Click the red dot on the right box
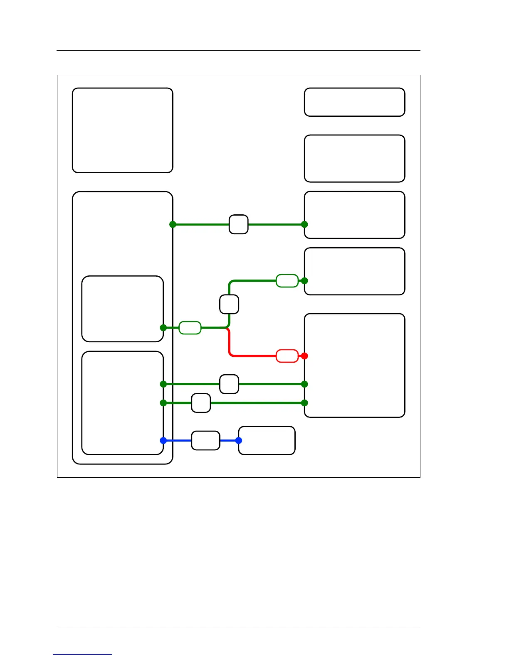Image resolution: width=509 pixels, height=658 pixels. pyautogui.click(x=304, y=356)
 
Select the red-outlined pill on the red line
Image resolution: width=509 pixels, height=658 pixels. pyautogui.click(x=287, y=356)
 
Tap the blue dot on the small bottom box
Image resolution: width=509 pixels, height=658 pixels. pyautogui.click(x=239, y=440)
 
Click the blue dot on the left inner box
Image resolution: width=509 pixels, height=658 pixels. pyautogui.click(x=163, y=440)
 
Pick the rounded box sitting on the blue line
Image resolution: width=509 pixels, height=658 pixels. pyautogui.click(x=205, y=440)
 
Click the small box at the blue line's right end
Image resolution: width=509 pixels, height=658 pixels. pyautogui.click(x=267, y=440)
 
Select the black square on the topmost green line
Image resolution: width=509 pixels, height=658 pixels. pyautogui.click(x=239, y=224)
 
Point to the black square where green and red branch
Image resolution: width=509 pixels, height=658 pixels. pyautogui.click(x=229, y=304)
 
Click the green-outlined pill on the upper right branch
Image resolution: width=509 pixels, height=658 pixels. pyautogui.click(x=287, y=281)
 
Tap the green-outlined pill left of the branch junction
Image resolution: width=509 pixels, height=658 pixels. pyautogui.click(x=190, y=328)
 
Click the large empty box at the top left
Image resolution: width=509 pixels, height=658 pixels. pyautogui.click(x=123, y=130)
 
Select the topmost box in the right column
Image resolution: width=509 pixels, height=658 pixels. pyautogui.click(x=355, y=102)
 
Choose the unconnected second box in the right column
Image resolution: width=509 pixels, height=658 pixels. pyautogui.click(x=355, y=158)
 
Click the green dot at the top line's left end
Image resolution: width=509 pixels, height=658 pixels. pyautogui.click(x=173, y=224)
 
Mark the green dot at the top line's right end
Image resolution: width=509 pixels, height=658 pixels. pyautogui.click(x=304, y=224)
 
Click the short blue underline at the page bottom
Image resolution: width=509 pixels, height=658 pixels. pyautogui.click(x=82, y=654)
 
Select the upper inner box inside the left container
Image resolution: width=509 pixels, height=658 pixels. pyautogui.click(x=123, y=309)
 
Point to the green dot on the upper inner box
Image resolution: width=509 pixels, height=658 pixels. pyautogui.click(x=163, y=328)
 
